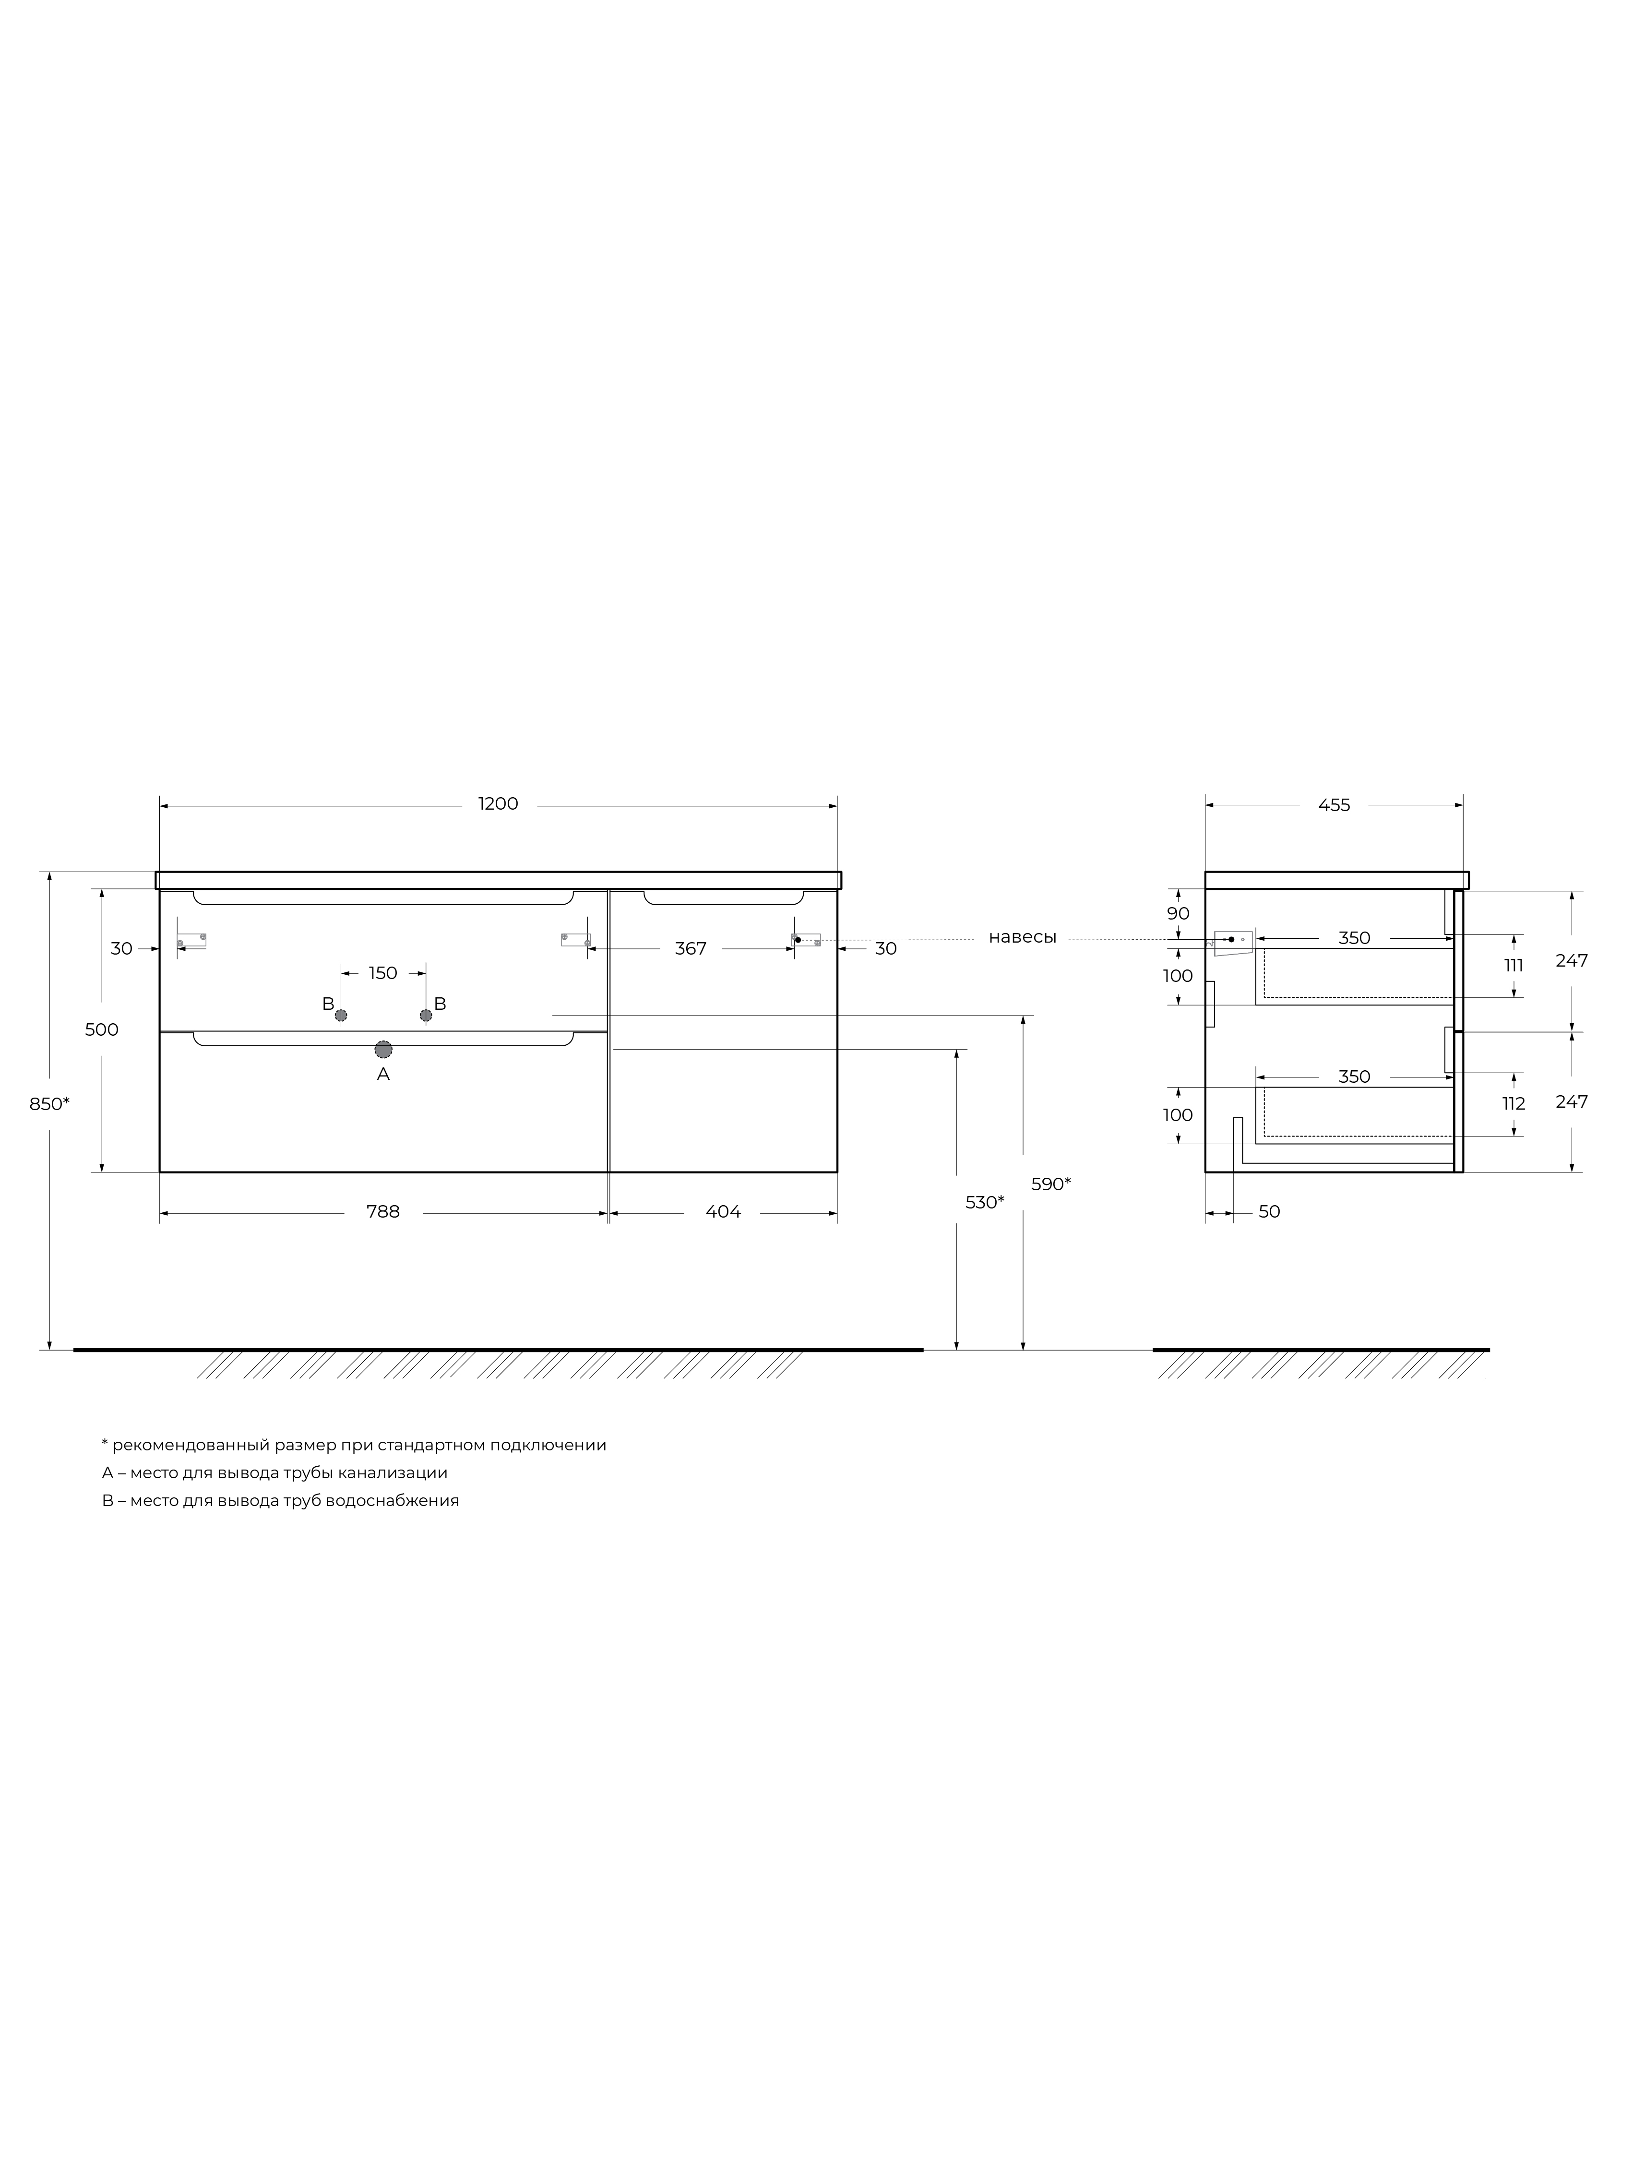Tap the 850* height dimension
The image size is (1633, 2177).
[49, 1104]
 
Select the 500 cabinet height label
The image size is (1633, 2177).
[101, 1029]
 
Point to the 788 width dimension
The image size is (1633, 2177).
[383, 1212]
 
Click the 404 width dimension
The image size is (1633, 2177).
[724, 1212]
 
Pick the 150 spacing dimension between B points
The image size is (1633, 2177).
[383, 973]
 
